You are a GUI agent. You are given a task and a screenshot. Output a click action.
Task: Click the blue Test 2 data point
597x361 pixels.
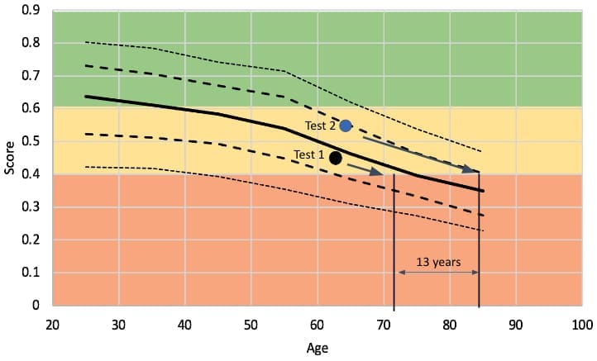point(346,126)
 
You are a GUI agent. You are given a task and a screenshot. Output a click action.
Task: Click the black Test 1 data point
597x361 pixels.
point(336,158)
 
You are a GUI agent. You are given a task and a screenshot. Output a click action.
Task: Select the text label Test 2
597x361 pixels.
point(320,126)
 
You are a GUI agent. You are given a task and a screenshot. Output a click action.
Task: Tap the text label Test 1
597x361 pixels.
point(309,154)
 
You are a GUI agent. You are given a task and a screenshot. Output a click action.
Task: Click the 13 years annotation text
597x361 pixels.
point(438,262)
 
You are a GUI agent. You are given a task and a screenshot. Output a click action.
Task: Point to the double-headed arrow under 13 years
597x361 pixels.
point(437,273)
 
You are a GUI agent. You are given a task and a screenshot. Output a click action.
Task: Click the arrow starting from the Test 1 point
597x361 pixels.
point(365,169)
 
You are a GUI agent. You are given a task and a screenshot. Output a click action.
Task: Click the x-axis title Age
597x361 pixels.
point(317,348)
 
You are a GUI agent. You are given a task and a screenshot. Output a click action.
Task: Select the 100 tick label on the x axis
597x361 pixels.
point(581,323)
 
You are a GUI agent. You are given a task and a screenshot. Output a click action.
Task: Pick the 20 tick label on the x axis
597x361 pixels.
point(52,323)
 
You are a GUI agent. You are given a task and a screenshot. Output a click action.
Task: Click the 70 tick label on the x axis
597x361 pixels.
point(383,323)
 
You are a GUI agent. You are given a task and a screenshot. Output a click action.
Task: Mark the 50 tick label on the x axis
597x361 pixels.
point(251,323)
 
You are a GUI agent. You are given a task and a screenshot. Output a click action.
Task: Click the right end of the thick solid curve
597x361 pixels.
point(483,191)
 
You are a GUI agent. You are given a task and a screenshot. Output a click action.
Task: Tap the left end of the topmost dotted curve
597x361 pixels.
point(86,42)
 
